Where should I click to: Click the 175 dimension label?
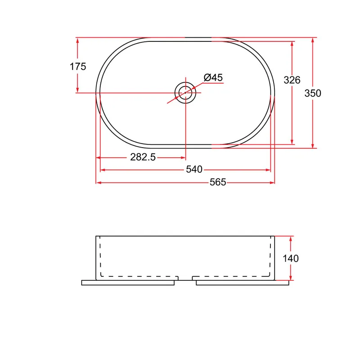(x=78, y=67)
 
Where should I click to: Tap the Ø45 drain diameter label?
(x=213, y=77)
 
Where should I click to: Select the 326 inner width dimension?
(x=292, y=80)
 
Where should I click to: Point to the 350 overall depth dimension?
(x=313, y=93)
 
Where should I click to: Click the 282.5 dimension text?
(x=143, y=157)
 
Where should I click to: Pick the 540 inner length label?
(x=194, y=170)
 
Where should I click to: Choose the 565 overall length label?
(x=218, y=182)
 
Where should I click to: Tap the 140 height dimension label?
(x=290, y=258)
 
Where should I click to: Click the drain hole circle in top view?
(x=185, y=82)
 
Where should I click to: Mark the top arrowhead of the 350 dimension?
(x=313, y=40)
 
